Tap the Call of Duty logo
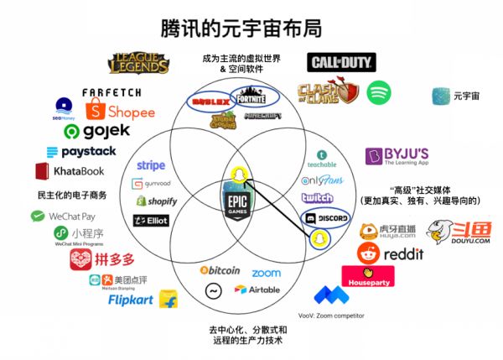[x=342, y=62]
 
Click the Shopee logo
[x=122, y=111]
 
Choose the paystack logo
[x=80, y=152]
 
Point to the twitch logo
[x=318, y=197]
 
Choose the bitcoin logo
[x=220, y=270]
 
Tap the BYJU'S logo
[x=397, y=157]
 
